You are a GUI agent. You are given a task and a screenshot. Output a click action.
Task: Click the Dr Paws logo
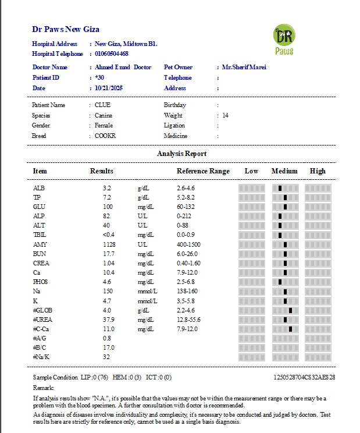click(284, 40)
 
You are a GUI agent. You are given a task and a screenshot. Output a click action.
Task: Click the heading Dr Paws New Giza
click(66, 29)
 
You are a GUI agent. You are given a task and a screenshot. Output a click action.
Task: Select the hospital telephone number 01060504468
click(112, 54)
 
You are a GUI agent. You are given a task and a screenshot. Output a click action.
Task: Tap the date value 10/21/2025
click(109, 88)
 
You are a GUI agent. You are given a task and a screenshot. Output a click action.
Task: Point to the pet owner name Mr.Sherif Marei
click(240, 67)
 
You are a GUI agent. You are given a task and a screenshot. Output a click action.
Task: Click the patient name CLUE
click(102, 105)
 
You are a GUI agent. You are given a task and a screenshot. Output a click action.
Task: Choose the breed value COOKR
click(105, 136)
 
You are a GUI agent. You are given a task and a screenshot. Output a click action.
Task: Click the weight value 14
click(225, 115)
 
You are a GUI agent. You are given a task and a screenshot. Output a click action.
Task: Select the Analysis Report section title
click(181, 154)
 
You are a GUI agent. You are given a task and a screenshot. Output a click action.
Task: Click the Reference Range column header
click(203, 171)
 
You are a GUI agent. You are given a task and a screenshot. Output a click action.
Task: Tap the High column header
click(318, 171)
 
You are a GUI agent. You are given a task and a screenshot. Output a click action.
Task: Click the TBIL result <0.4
click(109, 235)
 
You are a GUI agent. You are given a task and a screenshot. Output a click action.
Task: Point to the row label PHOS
click(40, 282)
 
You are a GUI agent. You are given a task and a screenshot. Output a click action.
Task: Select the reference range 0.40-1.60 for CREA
click(190, 263)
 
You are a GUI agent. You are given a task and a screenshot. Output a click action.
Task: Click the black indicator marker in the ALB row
click(280, 188)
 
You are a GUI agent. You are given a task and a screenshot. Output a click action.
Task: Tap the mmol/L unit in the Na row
click(147, 291)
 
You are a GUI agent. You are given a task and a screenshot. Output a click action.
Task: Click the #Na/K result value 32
click(106, 357)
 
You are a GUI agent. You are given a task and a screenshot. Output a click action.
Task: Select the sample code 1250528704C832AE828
click(304, 377)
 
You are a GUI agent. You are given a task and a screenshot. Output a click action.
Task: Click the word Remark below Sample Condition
click(44, 387)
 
